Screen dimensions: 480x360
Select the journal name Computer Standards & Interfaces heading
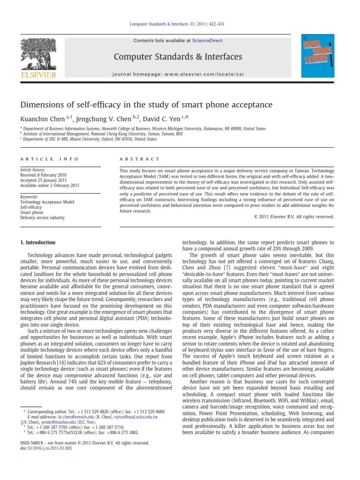pyautogui.click(x=178, y=57)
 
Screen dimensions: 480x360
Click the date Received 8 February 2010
pyautogui.click(x=43, y=174)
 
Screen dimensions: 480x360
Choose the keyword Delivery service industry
pyautogui.click(x=42, y=217)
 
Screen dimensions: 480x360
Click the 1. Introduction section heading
pyautogui.click(x=37, y=242)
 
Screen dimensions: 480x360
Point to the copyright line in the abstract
pyautogui.click(x=294, y=217)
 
